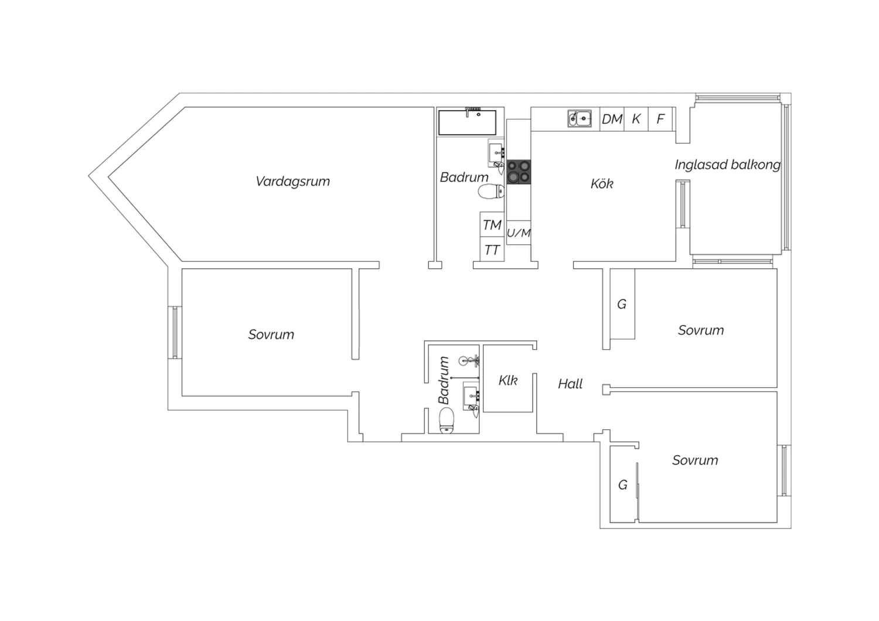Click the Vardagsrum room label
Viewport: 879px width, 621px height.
pos(293,181)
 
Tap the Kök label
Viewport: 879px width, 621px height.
pos(602,183)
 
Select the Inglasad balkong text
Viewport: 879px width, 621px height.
pos(728,165)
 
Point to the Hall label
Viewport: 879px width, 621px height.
pos(570,383)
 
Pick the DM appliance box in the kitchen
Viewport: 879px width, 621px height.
pos(612,119)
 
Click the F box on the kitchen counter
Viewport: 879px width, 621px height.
pos(660,119)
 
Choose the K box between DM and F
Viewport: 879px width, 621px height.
pos(636,119)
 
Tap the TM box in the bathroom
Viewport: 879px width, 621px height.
pos(492,224)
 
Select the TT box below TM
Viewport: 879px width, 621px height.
pos(492,249)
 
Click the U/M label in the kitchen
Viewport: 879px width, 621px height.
pos(519,233)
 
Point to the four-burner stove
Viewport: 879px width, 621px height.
pos(519,172)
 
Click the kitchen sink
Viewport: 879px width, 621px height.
pos(580,118)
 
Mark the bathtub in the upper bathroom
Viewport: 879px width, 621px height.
pos(467,122)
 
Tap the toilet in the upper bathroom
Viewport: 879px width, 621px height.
pos(491,192)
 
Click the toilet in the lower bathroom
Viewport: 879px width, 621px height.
pos(447,420)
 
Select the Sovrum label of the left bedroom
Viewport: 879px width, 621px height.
pos(271,335)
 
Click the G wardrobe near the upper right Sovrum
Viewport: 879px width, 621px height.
pos(622,304)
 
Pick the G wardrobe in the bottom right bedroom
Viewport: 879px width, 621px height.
pos(624,485)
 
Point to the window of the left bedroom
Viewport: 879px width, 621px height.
pos(175,332)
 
